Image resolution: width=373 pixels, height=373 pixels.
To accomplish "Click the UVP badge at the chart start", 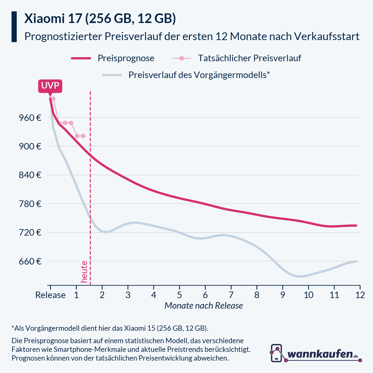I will click(50, 86).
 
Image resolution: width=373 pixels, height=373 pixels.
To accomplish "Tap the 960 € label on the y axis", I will click(30, 118).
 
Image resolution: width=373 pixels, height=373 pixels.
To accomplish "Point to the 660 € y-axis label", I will click(30, 261).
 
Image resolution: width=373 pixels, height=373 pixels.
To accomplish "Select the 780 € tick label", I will click(30, 204).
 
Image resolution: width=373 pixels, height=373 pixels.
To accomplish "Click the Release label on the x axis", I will click(50, 295).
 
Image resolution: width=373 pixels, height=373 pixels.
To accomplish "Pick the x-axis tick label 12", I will click(360, 295).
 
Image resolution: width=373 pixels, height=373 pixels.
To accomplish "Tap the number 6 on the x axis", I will click(205, 295).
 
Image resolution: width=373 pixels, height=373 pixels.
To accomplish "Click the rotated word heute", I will click(84, 272).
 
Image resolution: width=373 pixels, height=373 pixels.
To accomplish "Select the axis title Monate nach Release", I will click(204, 306).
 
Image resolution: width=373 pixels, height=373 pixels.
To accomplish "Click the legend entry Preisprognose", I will click(126, 58).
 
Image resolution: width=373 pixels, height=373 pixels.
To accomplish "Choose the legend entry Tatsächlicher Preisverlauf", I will click(249, 58).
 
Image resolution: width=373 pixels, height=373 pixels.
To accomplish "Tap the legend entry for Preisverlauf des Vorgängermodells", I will click(199, 75).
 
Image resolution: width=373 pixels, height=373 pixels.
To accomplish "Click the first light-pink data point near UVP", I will click(53, 99).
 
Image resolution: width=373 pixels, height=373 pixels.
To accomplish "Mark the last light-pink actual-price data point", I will click(83, 136).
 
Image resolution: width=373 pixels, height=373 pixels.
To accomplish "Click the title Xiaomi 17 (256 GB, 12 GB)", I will click(100, 19).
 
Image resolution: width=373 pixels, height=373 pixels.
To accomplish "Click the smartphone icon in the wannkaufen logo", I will click(276, 353).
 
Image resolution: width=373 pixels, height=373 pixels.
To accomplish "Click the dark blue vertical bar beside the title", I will click(14, 27).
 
